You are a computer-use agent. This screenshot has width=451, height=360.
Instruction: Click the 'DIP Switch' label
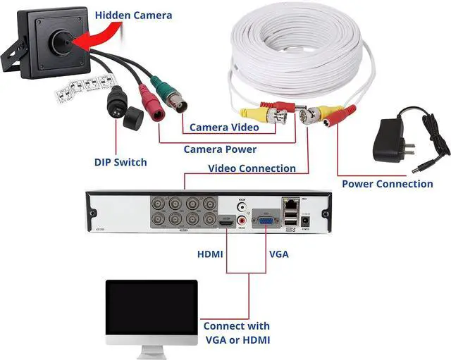121,162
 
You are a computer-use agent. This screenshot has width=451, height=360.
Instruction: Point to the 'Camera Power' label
220,149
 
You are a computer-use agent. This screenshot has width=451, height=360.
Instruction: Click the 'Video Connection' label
252,168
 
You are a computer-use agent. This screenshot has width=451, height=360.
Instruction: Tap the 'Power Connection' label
387,184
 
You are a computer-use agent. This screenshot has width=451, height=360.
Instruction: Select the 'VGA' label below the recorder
278,254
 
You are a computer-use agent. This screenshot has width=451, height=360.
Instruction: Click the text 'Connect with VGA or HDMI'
236,333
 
